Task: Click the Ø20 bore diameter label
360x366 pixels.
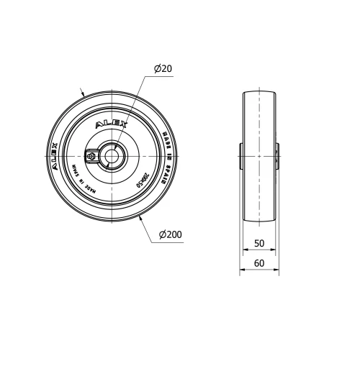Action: click(x=162, y=69)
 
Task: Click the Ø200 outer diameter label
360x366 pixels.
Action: click(x=171, y=234)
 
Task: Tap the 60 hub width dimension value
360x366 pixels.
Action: click(x=259, y=263)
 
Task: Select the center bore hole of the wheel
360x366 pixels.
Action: click(x=112, y=154)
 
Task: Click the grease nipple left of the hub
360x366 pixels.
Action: click(x=91, y=154)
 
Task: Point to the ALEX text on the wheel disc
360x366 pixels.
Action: click(x=112, y=124)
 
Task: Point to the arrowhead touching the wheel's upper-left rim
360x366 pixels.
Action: click(x=85, y=94)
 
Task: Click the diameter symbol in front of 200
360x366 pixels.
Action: click(x=162, y=234)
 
